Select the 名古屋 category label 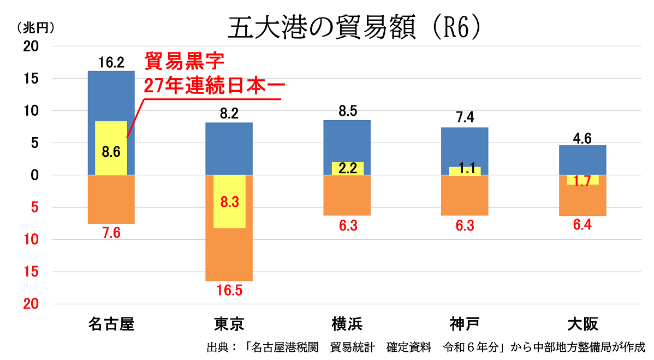(x=111, y=324)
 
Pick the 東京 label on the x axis (x=229, y=324)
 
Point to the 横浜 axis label (x=347, y=324)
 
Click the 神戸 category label (x=465, y=324)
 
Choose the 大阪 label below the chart (x=582, y=324)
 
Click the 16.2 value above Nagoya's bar (x=111, y=62)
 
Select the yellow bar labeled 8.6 (x=111, y=148)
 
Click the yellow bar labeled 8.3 (x=229, y=202)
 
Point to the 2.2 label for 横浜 (x=347, y=168)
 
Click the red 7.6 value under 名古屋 (x=111, y=232)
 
